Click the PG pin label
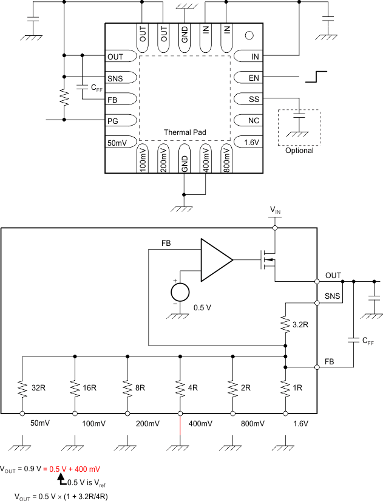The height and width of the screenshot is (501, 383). (x=113, y=120)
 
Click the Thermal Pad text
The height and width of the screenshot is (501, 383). (x=184, y=132)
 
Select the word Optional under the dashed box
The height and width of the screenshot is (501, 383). (x=299, y=151)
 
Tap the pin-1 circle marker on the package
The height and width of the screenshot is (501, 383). (x=248, y=35)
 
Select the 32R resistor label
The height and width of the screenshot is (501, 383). (x=38, y=387)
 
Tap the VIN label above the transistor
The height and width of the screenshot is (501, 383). (x=276, y=210)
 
